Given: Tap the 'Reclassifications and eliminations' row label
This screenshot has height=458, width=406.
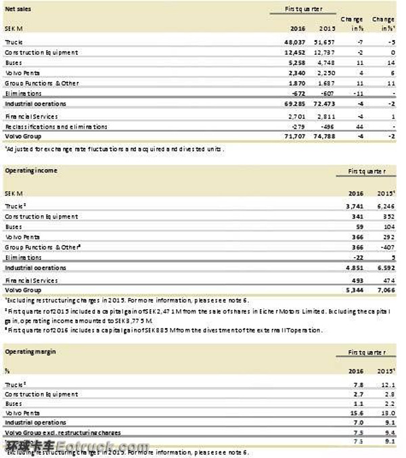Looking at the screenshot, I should click(55, 126).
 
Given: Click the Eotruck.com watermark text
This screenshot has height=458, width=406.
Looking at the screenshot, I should click(101, 447).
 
